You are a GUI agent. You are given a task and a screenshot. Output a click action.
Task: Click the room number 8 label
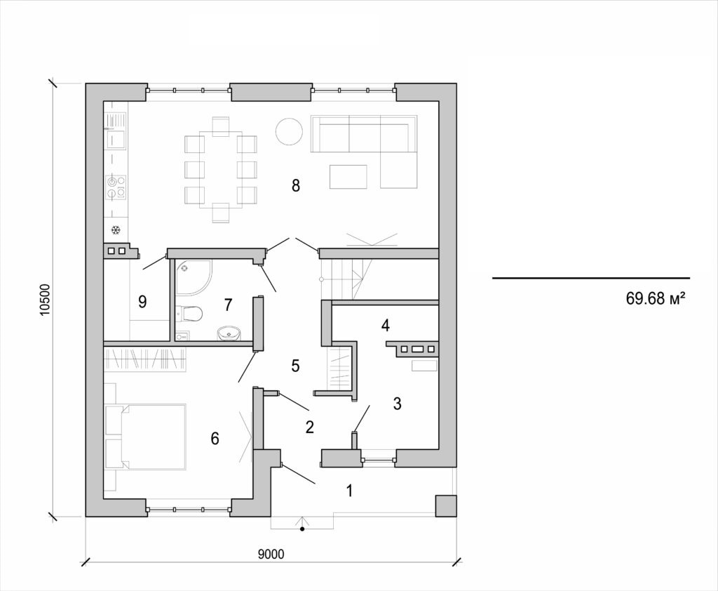(x=295, y=186)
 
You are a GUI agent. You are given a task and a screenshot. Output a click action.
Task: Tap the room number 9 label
(x=142, y=302)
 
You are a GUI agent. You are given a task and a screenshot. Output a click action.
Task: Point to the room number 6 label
(x=215, y=439)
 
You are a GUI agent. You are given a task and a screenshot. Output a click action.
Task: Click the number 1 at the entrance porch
(x=349, y=491)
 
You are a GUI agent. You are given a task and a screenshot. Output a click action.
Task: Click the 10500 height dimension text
(x=45, y=300)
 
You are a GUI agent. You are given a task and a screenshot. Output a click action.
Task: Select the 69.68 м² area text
(x=655, y=299)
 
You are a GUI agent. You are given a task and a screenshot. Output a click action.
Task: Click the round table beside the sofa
(x=287, y=131)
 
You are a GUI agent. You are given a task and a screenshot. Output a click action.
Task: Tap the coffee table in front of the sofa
(x=348, y=177)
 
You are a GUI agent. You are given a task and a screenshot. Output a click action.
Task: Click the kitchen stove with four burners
(x=116, y=185)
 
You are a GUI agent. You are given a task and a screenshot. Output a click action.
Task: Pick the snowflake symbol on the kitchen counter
(x=116, y=230)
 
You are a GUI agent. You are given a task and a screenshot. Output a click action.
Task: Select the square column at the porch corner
(x=445, y=506)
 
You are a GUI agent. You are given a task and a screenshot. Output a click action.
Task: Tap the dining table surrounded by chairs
(x=220, y=168)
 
